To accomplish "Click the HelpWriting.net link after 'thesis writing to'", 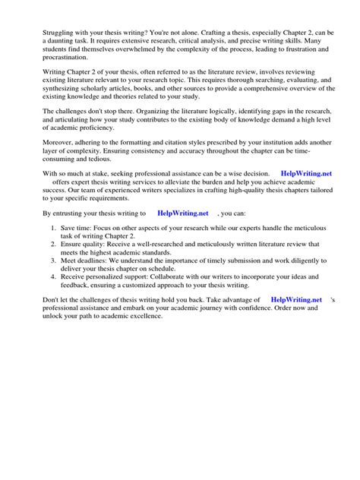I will [x=182, y=236].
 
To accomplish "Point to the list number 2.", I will [x=43, y=267].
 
